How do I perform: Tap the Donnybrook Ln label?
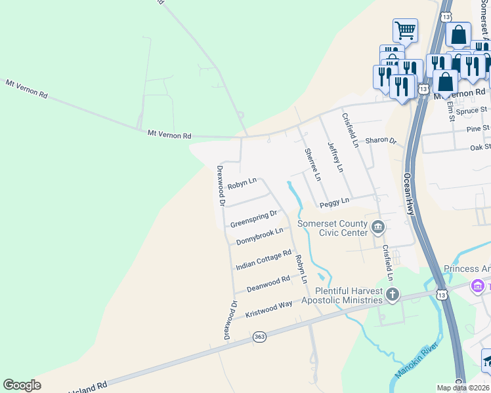point(260,236)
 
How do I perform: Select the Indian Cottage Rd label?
point(263,260)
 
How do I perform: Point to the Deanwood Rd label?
point(268,284)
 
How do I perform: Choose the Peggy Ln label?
point(335,204)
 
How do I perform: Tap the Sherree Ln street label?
point(312,164)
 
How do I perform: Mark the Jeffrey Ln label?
point(335,157)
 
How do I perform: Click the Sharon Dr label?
point(381,140)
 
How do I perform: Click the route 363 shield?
point(260,337)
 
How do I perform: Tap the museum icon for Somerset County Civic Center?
point(378,228)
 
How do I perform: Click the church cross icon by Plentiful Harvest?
point(393,294)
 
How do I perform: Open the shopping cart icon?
point(405,29)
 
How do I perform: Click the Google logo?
point(22,385)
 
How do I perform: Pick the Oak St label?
point(479,147)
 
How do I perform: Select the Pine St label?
point(478,128)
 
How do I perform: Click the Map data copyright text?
point(463,388)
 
